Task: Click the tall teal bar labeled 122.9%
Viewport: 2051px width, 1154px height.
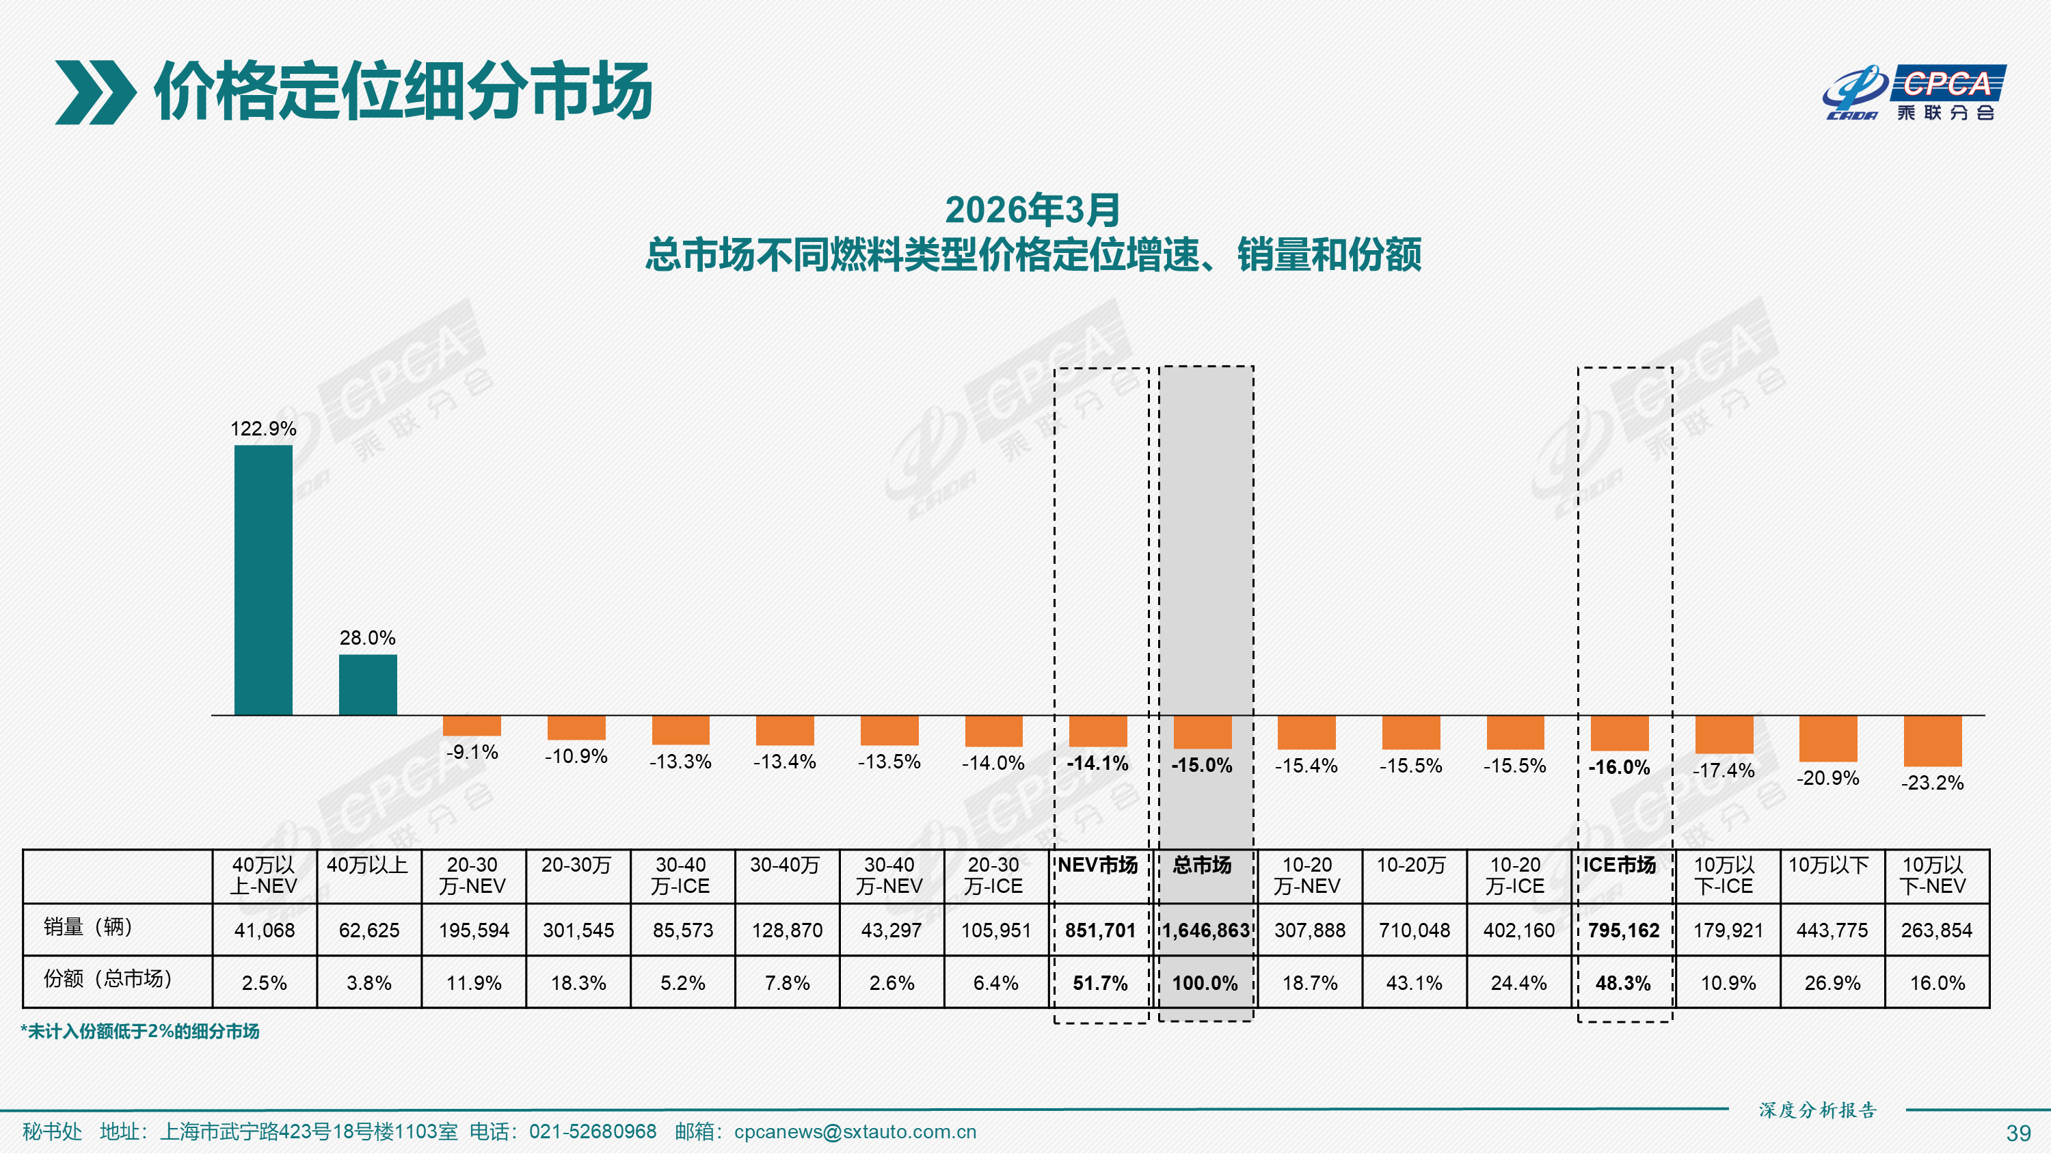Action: click(263, 580)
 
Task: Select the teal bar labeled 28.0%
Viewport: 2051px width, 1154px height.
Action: click(368, 685)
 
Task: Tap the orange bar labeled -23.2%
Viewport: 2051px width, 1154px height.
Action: click(1932, 740)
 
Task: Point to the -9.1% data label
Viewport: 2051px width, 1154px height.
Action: click(472, 752)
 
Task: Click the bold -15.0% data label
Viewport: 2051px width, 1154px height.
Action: click(1203, 766)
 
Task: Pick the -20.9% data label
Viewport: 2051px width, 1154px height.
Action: click(1828, 777)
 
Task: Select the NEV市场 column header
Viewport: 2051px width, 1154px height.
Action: click(1098, 865)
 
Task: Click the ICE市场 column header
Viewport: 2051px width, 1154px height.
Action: click(1620, 865)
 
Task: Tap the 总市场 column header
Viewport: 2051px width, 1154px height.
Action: click(1203, 865)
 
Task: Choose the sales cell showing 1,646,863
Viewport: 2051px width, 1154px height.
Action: click(1205, 930)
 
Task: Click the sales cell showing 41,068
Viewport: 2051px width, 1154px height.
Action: click(265, 930)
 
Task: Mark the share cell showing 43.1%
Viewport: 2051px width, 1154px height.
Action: click(1414, 983)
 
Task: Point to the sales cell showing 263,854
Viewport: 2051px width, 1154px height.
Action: click(1936, 930)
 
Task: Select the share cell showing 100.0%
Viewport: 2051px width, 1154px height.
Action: click(1205, 983)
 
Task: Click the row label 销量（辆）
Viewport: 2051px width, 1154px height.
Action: click(88, 927)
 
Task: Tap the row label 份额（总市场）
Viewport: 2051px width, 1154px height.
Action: click(107, 979)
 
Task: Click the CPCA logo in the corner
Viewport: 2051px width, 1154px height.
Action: click(1914, 92)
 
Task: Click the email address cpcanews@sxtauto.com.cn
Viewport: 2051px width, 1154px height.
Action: click(855, 1131)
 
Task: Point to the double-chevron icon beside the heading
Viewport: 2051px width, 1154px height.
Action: click(95, 92)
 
